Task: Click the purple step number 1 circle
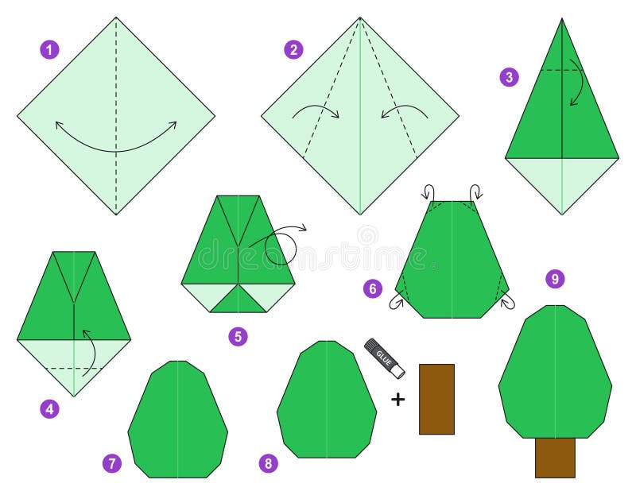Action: click(49, 49)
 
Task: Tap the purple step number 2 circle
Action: click(293, 49)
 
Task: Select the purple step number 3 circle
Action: click(510, 77)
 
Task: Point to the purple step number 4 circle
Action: click(49, 410)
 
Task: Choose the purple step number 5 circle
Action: click(238, 336)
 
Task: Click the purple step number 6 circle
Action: click(373, 288)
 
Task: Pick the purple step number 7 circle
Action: click(112, 463)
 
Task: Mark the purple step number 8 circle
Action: click(270, 463)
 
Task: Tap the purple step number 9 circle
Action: click(555, 279)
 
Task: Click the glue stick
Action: click(385, 358)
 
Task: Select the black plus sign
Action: click(397, 399)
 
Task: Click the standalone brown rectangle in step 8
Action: click(436, 399)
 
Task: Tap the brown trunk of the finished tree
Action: click(555, 457)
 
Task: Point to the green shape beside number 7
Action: click(177, 421)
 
